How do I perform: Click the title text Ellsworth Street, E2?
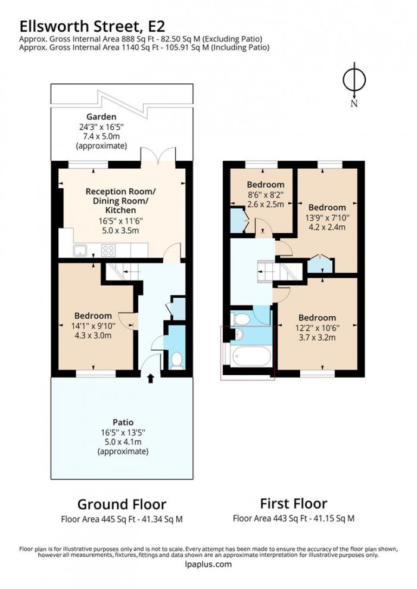(x=92, y=26)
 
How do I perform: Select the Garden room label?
(x=101, y=117)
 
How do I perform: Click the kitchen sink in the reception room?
(x=80, y=250)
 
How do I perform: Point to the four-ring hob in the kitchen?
(x=110, y=251)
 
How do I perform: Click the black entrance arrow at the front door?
(x=150, y=377)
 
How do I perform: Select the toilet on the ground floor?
(x=177, y=360)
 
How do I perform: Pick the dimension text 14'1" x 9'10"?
(x=93, y=325)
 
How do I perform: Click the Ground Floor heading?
(x=122, y=504)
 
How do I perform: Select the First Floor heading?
(x=294, y=504)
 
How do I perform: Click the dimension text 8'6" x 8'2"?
(x=265, y=195)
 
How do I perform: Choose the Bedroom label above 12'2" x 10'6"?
(x=317, y=318)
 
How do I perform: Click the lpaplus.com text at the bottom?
(x=207, y=565)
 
